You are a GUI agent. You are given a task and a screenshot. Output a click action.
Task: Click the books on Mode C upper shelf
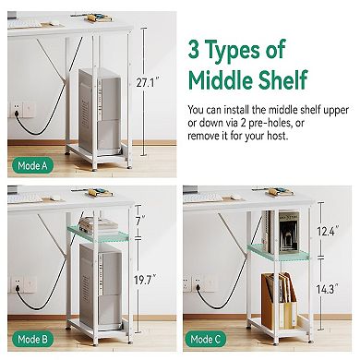click(282, 228)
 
